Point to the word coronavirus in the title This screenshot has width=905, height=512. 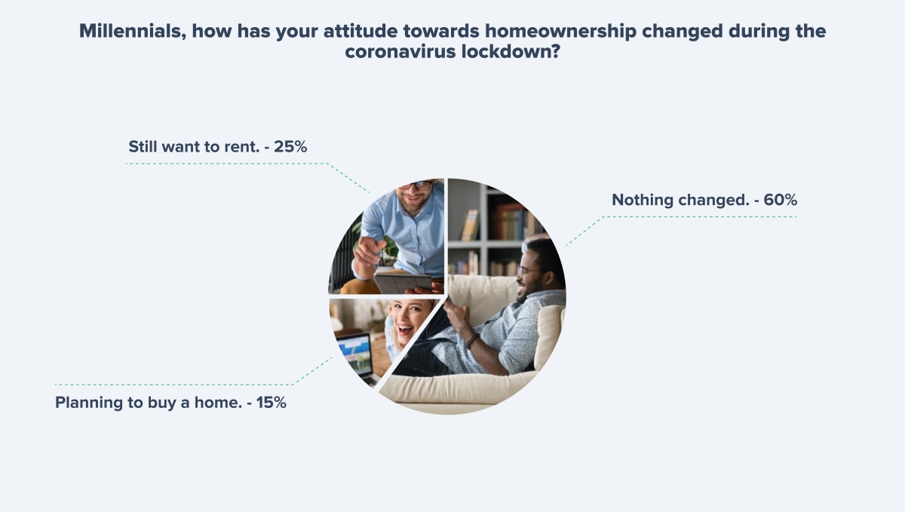click(400, 52)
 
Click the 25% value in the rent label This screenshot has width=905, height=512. click(290, 147)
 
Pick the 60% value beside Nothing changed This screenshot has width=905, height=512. click(780, 200)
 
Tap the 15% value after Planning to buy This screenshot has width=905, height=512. click(271, 403)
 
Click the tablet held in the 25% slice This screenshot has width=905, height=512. click(403, 283)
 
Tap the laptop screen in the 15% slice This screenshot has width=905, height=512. click(354, 352)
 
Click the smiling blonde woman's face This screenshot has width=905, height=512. click(410, 320)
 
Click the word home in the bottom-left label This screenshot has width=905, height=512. click(218, 403)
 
